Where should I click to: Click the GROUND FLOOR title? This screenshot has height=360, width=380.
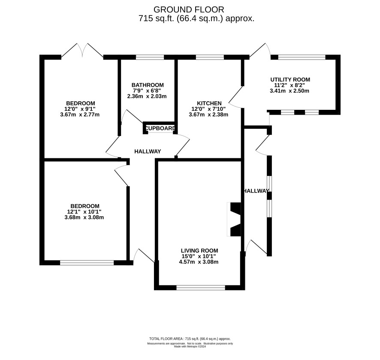click(x=189, y=10)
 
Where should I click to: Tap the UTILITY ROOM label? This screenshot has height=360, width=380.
click(x=290, y=79)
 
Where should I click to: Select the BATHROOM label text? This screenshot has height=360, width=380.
click(x=148, y=85)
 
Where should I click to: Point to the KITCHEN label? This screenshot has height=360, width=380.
click(x=209, y=103)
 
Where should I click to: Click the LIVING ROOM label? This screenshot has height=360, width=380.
click(x=199, y=251)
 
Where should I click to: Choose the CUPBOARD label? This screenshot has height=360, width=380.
click(x=160, y=128)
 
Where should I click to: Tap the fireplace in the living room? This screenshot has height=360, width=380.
click(x=234, y=219)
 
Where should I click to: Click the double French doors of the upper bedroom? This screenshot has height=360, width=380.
click(x=82, y=51)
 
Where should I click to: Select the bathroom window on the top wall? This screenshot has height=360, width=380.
click(x=150, y=57)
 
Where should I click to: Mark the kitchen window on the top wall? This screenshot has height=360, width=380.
click(x=210, y=57)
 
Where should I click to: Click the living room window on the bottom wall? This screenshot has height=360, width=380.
click(x=201, y=287)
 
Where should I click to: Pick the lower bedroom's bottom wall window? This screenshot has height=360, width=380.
click(x=87, y=263)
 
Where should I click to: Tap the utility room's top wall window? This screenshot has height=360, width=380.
click(x=302, y=57)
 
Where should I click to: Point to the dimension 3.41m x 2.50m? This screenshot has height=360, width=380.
click(x=290, y=91)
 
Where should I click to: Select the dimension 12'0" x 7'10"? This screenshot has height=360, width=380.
click(x=209, y=109)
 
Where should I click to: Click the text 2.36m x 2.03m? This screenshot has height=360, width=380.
click(x=147, y=96)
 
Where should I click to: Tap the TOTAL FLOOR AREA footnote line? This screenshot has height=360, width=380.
click(x=190, y=339)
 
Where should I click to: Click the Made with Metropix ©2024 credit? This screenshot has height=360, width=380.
click(x=190, y=346)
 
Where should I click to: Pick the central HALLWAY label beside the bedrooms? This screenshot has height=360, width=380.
click(x=148, y=151)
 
